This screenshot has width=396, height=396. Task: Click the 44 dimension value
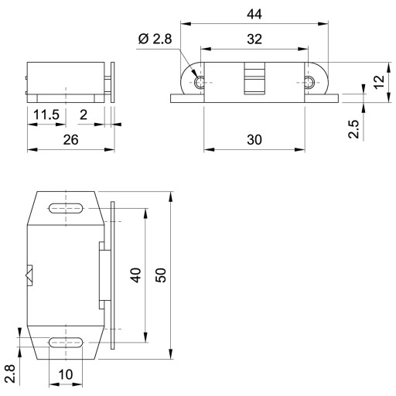click(x=254, y=14)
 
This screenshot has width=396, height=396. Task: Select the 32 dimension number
click(x=254, y=39)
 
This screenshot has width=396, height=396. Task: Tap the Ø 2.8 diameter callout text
click(x=155, y=39)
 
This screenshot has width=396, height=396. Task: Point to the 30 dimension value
click(x=254, y=140)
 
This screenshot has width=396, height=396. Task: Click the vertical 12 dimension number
click(x=379, y=82)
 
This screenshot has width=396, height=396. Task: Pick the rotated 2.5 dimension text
click(x=353, y=129)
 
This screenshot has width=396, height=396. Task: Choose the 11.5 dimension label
click(x=46, y=114)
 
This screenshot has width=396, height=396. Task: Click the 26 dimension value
click(x=70, y=140)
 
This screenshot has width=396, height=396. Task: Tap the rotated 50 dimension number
click(x=161, y=275)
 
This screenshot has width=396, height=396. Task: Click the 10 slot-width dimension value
click(x=66, y=374)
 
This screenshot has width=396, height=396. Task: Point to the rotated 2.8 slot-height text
click(x=11, y=374)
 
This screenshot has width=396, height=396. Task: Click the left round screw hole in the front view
click(x=200, y=83)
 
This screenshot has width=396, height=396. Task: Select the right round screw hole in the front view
click(x=309, y=83)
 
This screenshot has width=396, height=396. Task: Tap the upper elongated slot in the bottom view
click(x=66, y=208)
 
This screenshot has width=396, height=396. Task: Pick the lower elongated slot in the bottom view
click(x=66, y=343)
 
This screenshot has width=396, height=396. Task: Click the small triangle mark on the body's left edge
click(x=29, y=275)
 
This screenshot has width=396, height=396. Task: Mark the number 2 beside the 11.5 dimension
click(x=84, y=114)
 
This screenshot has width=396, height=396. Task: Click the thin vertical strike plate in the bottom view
click(x=113, y=275)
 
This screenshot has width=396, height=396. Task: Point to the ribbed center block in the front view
click(x=254, y=78)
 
